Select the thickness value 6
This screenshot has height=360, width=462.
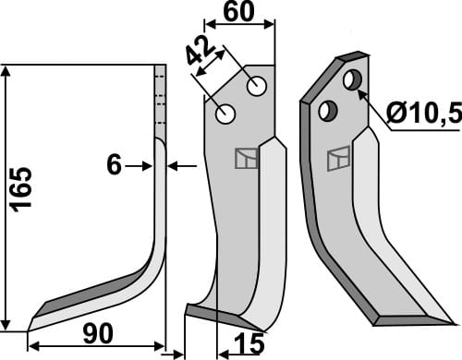coord(115,165)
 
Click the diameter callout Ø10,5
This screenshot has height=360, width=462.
coord(421,115)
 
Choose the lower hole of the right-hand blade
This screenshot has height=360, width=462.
coord(325,111)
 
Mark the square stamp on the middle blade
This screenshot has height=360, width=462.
coord(245,159)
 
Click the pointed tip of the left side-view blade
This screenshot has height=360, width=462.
coord(30,322)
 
